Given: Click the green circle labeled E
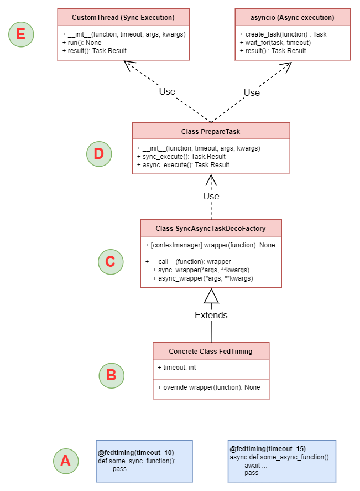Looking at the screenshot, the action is tap(21, 34).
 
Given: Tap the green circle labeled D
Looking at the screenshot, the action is tap(99, 154).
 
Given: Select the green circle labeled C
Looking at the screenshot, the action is tap(111, 262).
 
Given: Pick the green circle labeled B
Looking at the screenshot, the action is tap(111, 375).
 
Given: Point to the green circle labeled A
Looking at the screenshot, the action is tap(66, 461).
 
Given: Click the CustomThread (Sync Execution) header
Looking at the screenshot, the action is tap(123, 18).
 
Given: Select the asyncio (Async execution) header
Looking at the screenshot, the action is tap(293, 18).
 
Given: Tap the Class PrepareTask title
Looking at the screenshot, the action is tap(211, 132).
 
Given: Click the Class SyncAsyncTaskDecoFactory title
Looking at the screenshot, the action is tap(211, 229).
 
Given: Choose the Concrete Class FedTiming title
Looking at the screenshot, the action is tap(211, 352).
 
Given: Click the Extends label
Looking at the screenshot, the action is tap(211, 315).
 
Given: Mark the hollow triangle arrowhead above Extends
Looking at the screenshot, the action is tap(211, 296).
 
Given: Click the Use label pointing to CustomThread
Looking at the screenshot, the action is tap(167, 91).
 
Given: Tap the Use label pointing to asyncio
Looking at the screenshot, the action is tap(252, 92).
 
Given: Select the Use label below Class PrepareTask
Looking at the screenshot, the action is tap(211, 196).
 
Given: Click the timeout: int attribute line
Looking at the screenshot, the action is tap(177, 368).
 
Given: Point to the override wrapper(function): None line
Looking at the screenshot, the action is tap(208, 387).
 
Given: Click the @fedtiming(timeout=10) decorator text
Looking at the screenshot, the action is tap(136, 453).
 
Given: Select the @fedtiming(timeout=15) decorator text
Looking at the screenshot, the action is tap(268, 449).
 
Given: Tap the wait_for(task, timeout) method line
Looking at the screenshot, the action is tap(275, 43).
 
